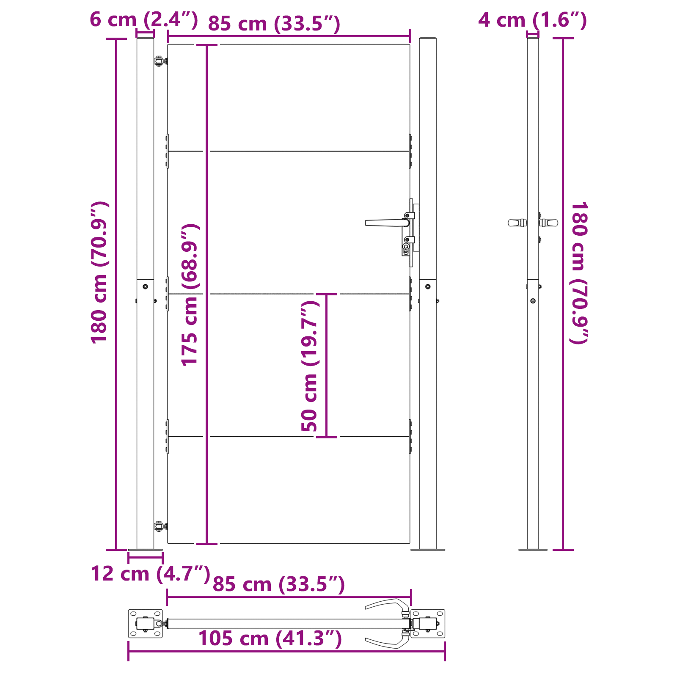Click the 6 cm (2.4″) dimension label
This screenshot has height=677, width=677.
(x=143, y=19)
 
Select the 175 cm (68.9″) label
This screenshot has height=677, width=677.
(x=190, y=294)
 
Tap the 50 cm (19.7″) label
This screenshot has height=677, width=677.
(x=309, y=366)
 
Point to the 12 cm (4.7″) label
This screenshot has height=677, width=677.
(x=150, y=574)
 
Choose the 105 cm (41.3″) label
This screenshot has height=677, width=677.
(x=270, y=638)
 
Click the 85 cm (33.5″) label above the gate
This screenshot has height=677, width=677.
(x=274, y=24)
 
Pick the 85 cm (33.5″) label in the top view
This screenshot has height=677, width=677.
(x=278, y=584)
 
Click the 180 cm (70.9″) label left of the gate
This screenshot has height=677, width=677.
(x=100, y=273)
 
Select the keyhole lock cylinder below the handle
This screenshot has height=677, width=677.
(x=406, y=248)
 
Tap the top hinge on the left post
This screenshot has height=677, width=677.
(x=160, y=61)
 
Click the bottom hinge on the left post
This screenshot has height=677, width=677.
(x=160, y=527)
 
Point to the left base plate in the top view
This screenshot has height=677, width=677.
(x=145, y=623)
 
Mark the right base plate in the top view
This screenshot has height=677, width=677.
(x=428, y=623)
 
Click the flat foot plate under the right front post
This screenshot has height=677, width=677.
(x=427, y=550)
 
